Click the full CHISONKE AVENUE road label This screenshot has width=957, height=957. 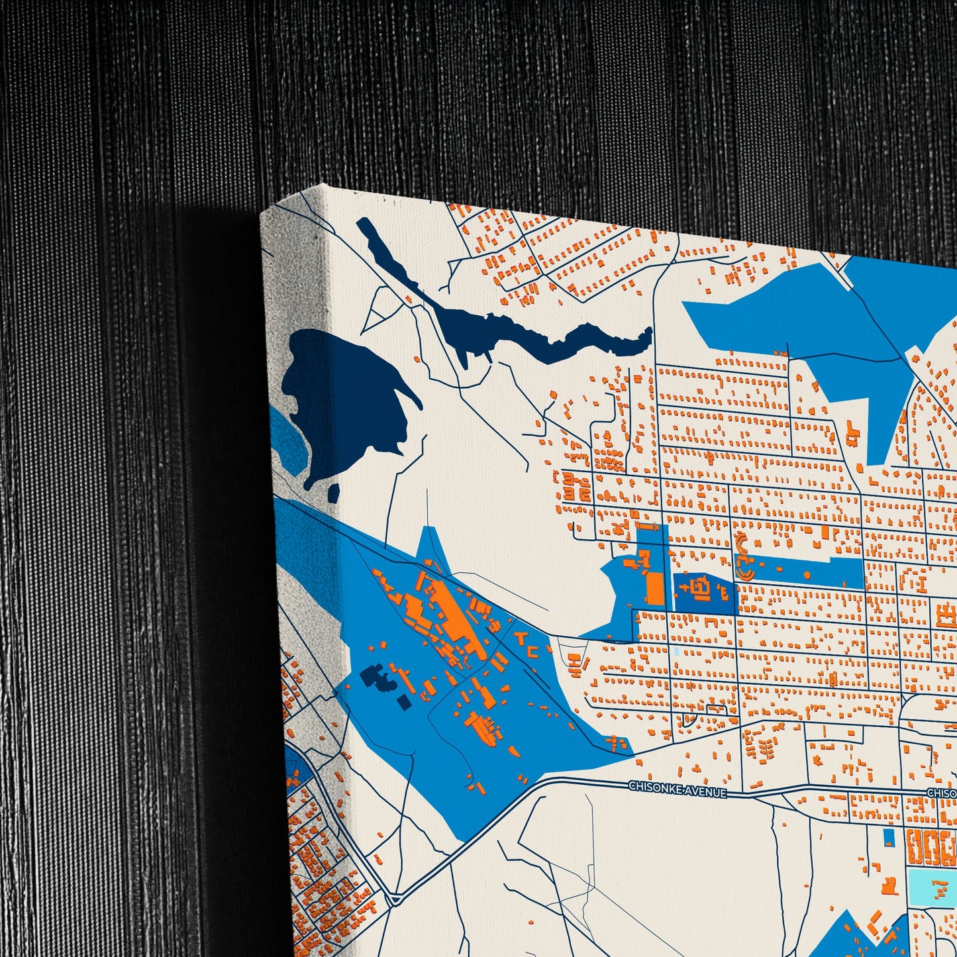click(677, 788)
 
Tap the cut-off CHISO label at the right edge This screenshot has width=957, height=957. click(941, 793)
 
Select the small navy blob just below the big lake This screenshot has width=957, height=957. click(334, 492)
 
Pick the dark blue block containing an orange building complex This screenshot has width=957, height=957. click(703, 591)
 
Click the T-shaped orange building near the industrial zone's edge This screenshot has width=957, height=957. click(521, 638)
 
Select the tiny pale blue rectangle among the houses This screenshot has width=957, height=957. click(675, 652)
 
